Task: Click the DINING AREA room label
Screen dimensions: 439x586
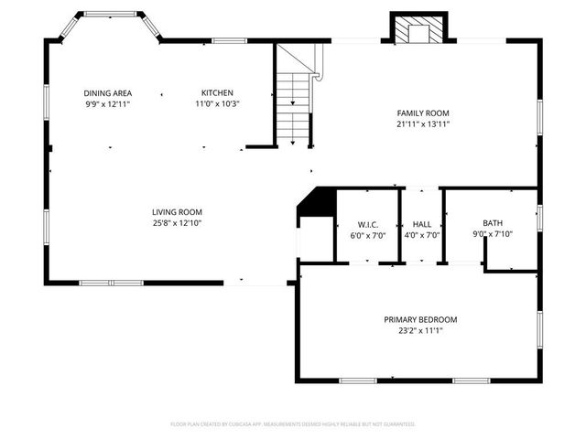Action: click(x=108, y=93)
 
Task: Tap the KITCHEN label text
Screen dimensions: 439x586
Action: click(x=218, y=93)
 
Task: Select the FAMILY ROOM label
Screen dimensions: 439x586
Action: click(x=422, y=113)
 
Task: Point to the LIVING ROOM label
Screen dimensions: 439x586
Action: click(x=177, y=212)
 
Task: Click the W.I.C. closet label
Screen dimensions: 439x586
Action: click(x=368, y=224)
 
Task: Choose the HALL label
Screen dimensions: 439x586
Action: click(x=422, y=224)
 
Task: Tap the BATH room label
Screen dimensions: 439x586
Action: click(x=493, y=223)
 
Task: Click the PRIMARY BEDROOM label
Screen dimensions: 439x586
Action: click(x=420, y=319)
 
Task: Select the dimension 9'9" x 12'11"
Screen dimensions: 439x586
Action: click(x=108, y=104)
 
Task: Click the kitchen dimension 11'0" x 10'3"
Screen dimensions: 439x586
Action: click(x=218, y=104)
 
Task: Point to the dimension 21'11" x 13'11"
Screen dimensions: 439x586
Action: click(x=422, y=124)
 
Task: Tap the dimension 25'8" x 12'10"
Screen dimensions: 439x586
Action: click(x=177, y=223)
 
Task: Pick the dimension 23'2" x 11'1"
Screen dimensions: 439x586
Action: click(x=420, y=330)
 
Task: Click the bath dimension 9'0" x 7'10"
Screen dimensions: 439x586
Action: click(x=493, y=234)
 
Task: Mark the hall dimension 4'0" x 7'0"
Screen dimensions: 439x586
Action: click(x=422, y=235)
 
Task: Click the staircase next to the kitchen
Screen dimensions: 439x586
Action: click(x=294, y=105)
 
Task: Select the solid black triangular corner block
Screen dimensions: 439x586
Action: click(x=318, y=203)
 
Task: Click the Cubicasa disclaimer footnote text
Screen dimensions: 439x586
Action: click(x=293, y=424)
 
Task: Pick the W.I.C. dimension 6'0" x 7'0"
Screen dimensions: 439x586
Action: click(x=368, y=235)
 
